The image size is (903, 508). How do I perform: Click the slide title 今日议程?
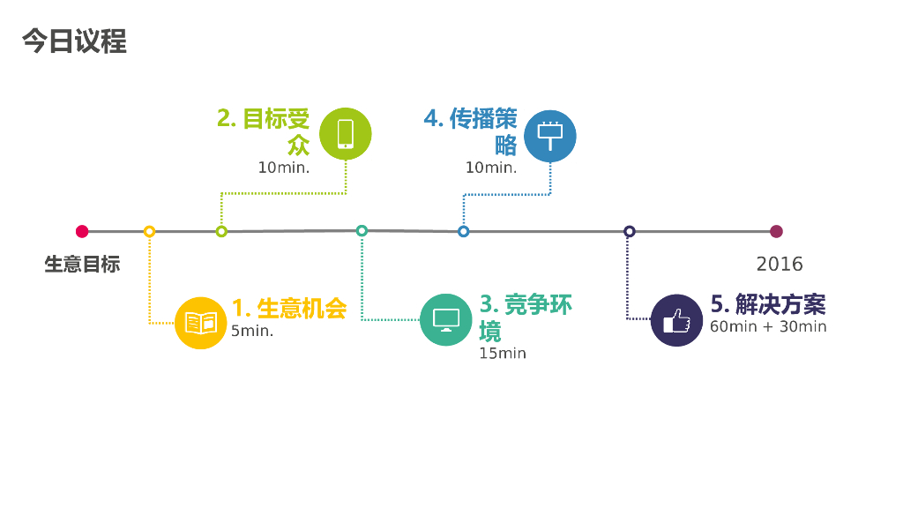pos(74,41)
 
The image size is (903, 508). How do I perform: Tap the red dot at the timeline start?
pos(82,232)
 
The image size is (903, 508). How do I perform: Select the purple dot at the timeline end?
pos(776,232)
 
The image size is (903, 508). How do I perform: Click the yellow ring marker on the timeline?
pos(149,232)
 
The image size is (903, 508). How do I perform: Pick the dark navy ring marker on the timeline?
pos(630,232)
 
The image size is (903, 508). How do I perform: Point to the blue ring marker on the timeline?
pos(464,232)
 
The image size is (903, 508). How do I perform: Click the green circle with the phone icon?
pos(345,133)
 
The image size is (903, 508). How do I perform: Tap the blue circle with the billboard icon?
pos(550,136)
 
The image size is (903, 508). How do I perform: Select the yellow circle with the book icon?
pos(201,323)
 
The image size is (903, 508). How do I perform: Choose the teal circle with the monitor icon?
pos(445,319)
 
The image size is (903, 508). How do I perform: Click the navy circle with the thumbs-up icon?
pos(676,319)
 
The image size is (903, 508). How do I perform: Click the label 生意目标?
pos(82,264)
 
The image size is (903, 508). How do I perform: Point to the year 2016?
pos(780,264)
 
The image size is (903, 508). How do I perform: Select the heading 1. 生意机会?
pos(289,308)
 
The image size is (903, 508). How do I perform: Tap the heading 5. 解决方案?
pos(768,305)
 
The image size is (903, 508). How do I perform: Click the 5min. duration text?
pos(252,332)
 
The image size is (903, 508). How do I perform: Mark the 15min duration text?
pos(503,354)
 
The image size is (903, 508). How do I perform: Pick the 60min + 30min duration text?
pos(768,326)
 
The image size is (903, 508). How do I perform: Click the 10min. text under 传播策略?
pos(491,168)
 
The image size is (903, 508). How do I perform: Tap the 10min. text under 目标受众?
pos(284,168)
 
